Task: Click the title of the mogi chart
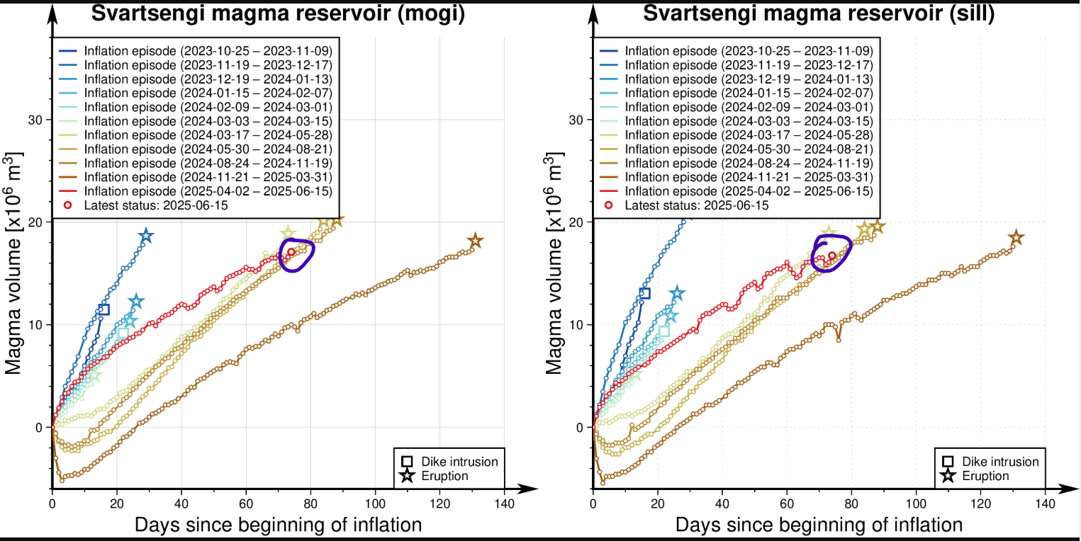click(x=277, y=14)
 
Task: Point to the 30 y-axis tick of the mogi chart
click(x=38, y=120)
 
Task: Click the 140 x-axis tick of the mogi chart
click(x=504, y=504)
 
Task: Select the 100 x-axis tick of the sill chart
click(x=916, y=504)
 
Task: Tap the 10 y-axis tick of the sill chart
click(x=579, y=324)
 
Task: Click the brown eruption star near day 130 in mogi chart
click(x=475, y=241)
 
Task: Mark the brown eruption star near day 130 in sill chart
click(x=1016, y=237)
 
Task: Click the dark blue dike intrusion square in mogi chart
click(x=103, y=309)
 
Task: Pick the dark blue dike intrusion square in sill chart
click(x=644, y=293)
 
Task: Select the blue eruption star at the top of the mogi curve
click(x=146, y=236)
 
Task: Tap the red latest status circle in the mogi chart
click(x=291, y=252)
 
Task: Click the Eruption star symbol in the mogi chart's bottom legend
click(x=407, y=476)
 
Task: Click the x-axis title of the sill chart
click(x=819, y=525)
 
